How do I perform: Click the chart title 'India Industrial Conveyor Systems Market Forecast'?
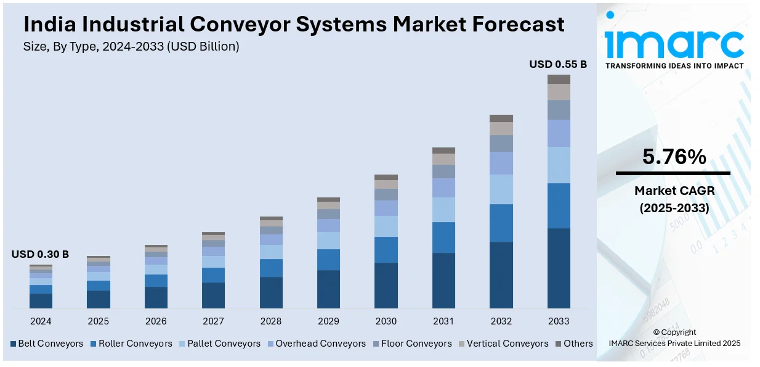(x=294, y=25)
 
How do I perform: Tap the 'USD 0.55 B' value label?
(x=558, y=64)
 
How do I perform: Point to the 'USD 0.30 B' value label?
(x=40, y=254)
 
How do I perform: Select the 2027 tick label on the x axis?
(x=213, y=321)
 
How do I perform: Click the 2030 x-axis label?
(x=386, y=321)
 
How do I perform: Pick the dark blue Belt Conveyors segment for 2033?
(x=559, y=268)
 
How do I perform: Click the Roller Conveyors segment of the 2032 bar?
(x=501, y=223)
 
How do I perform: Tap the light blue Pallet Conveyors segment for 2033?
(x=559, y=165)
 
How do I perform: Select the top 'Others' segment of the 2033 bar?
(x=559, y=79)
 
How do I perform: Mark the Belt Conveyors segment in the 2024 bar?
(x=41, y=300)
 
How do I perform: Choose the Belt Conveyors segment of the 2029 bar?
(x=328, y=289)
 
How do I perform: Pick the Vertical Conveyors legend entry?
(x=503, y=344)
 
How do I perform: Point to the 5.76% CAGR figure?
(x=674, y=158)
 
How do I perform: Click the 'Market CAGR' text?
(x=674, y=192)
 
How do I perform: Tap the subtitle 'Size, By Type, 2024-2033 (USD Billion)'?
(x=131, y=46)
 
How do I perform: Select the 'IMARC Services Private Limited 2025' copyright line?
(x=674, y=344)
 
